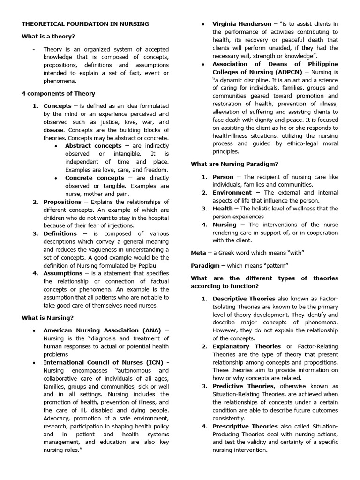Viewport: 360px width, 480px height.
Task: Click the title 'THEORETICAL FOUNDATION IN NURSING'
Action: [x=85, y=23]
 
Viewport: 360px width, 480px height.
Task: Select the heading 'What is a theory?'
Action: [x=48, y=37]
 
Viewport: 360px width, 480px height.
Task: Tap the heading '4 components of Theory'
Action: [x=58, y=93]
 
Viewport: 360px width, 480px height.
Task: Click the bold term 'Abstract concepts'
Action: [x=93, y=146]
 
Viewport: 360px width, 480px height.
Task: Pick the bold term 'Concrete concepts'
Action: [x=95, y=178]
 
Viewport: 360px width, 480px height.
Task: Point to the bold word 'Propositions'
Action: [x=62, y=202]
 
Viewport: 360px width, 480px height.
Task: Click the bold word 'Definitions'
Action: [x=60, y=233]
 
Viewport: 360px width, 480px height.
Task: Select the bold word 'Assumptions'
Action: [x=63, y=273]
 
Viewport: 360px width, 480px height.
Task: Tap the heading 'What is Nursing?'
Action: [x=47, y=318]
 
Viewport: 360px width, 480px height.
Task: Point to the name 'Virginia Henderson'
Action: [x=242, y=24]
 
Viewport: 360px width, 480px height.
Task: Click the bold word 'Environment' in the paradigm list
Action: [x=232, y=193]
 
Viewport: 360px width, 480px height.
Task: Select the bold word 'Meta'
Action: [x=198, y=253]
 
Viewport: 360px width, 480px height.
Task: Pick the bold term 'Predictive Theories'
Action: [x=243, y=386]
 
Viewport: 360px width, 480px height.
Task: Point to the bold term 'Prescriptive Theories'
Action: [x=245, y=426]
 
